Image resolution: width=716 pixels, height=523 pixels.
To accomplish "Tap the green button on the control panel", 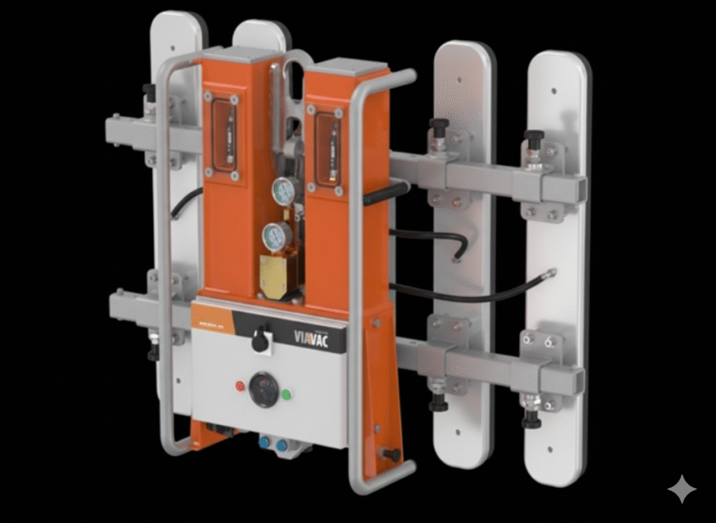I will click(x=286, y=394).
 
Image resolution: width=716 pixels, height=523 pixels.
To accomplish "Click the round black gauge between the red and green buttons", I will click(x=263, y=389).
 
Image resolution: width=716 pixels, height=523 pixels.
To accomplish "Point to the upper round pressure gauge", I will click(x=283, y=191).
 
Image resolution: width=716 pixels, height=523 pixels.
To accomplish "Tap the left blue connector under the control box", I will click(x=266, y=444).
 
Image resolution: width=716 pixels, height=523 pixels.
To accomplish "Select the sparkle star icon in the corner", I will click(x=681, y=489).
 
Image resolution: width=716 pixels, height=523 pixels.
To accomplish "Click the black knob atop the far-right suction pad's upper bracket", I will click(x=534, y=136).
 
